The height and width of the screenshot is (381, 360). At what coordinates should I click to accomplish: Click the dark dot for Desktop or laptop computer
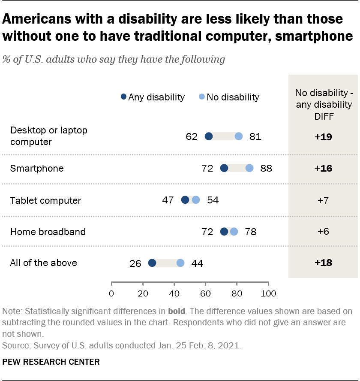[209, 136]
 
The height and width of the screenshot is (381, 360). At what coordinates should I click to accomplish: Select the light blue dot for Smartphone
[249, 168]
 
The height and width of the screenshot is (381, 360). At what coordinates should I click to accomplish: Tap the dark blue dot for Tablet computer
[185, 200]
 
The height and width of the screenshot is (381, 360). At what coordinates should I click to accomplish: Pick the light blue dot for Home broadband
[234, 232]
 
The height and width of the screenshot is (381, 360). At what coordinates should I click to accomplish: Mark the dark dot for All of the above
[152, 263]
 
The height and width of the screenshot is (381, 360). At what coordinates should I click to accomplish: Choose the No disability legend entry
[229, 97]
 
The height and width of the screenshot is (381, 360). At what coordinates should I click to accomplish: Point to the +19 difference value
[323, 137]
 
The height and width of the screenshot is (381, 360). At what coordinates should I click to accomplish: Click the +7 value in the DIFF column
[323, 200]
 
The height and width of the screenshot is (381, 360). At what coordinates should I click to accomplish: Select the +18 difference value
[323, 263]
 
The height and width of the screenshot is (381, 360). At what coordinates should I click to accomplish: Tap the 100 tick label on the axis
[268, 294]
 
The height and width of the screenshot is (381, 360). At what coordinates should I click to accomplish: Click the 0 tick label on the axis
[111, 294]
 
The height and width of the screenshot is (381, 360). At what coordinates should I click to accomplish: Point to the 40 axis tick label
[174, 294]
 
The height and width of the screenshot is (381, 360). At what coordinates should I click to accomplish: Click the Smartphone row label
[37, 168]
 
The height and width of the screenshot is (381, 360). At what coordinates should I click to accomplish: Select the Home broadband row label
[48, 232]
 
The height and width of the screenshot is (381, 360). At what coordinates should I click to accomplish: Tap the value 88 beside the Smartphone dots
[266, 168]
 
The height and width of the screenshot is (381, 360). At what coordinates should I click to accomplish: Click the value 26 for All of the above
[135, 263]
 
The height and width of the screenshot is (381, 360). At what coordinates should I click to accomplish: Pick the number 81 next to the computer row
[255, 136]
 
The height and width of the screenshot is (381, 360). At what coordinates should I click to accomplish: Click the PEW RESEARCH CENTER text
[51, 362]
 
